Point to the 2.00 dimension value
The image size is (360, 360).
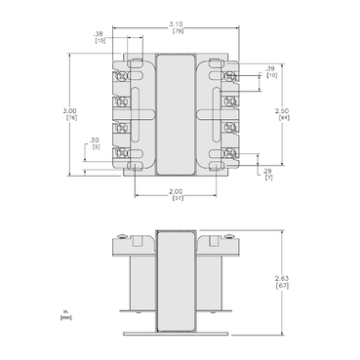[x=177, y=191]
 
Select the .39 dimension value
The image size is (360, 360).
[x=270, y=68]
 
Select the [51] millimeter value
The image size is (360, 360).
[x=177, y=199]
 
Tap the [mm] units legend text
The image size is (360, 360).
[x=65, y=317]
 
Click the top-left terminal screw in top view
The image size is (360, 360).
[x=123, y=76]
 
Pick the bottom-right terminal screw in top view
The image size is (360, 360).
[x=231, y=153]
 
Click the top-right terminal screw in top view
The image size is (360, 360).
[x=231, y=76]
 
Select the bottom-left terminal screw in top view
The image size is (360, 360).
[x=123, y=153]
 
